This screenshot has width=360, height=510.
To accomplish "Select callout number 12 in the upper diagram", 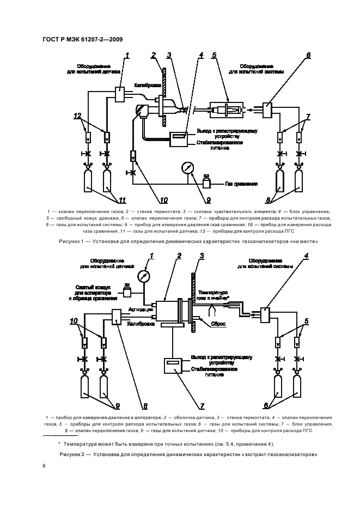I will (x=78, y=116).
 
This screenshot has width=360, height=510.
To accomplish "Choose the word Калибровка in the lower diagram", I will (x=139, y=323).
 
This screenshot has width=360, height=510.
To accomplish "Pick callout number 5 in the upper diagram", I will (x=214, y=55).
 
